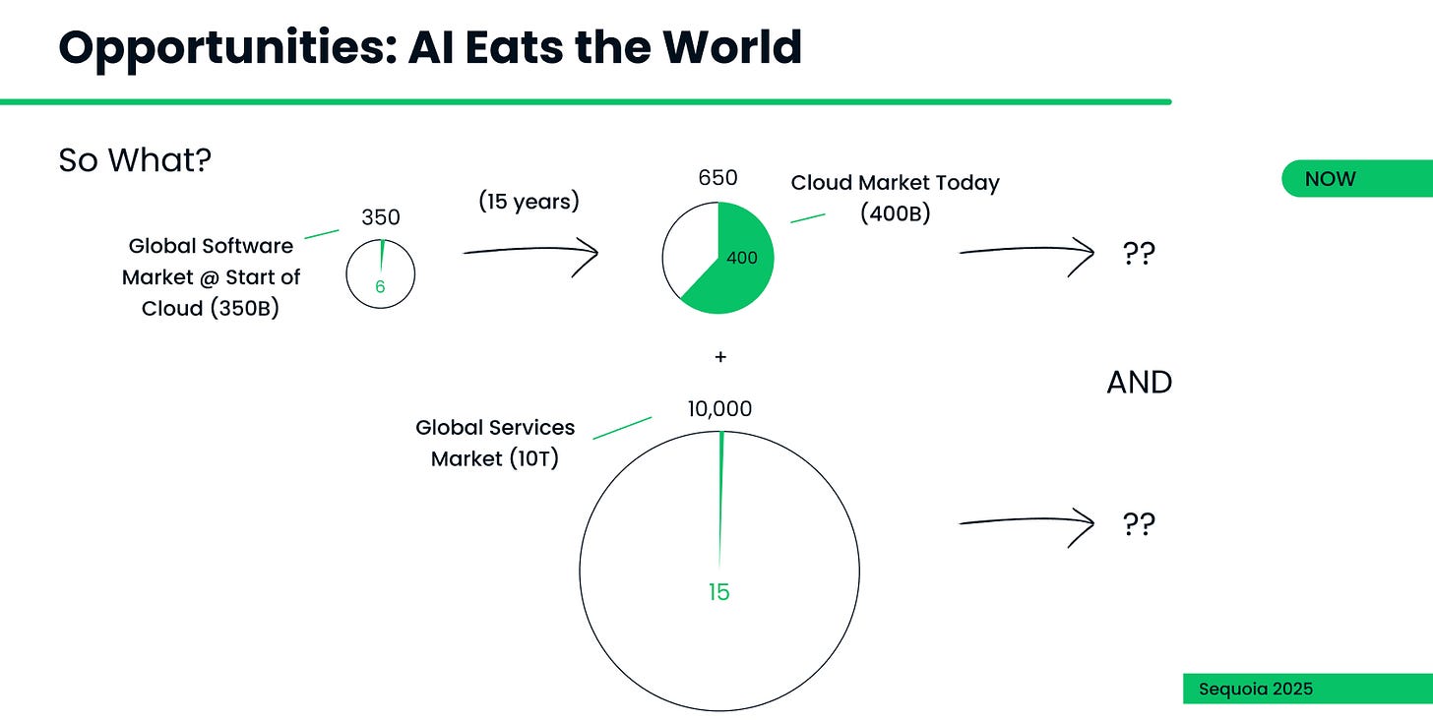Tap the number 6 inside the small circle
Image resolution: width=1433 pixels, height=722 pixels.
click(x=380, y=286)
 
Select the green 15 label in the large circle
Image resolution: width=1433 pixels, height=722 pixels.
click(x=719, y=592)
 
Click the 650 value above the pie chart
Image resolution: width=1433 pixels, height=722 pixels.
click(x=717, y=177)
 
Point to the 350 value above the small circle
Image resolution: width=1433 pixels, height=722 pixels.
click(x=381, y=217)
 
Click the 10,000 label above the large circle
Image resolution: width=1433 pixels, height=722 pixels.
click(x=719, y=408)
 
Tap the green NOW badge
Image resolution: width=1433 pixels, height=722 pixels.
click(x=1357, y=178)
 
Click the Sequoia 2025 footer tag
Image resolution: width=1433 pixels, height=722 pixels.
click(x=1308, y=689)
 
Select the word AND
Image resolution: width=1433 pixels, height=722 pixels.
click(x=1140, y=383)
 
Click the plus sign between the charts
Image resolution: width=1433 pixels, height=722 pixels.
click(x=720, y=357)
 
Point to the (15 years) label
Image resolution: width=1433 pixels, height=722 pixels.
click(x=530, y=202)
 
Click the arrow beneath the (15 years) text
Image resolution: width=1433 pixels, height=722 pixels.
click(x=530, y=251)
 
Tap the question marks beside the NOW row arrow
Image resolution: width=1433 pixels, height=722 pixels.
click(x=1139, y=253)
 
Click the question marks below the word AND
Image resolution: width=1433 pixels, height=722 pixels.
click(x=1139, y=523)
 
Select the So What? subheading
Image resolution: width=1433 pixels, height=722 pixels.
click(x=135, y=160)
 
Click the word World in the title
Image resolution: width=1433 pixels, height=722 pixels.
click(x=732, y=46)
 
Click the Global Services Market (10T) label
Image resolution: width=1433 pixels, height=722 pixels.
click(x=495, y=444)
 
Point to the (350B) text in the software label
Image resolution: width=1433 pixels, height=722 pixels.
click(x=245, y=308)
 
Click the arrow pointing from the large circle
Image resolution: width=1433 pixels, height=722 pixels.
click(x=1027, y=522)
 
